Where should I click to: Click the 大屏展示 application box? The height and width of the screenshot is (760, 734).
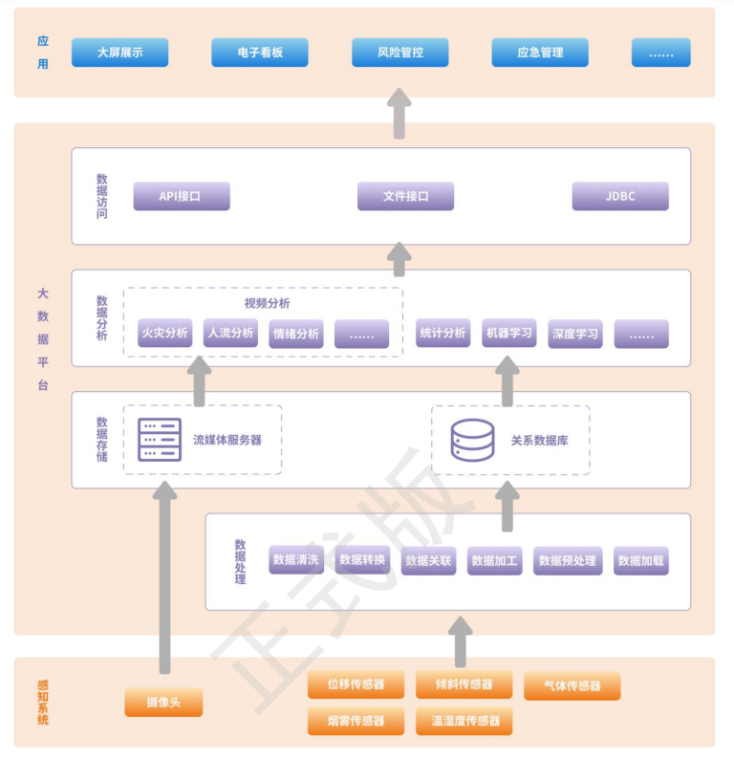coord(119,53)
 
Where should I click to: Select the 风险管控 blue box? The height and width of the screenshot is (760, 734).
coord(399,53)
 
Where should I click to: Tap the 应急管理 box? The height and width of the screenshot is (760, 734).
coord(540,53)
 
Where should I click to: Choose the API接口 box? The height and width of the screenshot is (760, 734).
coord(181,196)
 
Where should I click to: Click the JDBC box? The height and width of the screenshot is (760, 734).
coord(620,196)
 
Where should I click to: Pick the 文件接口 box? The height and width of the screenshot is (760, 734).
coord(405,196)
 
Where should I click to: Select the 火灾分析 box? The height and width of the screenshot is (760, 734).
coord(164,333)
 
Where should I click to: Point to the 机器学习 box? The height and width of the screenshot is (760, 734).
coord(509,333)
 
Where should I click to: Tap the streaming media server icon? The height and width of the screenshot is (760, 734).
coord(160,440)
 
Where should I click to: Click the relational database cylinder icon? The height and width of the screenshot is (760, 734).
coord(473,440)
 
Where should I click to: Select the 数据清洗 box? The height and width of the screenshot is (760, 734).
coord(295,560)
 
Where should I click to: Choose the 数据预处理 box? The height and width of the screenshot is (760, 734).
coord(568,560)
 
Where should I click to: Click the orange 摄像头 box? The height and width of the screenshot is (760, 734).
coord(163,703)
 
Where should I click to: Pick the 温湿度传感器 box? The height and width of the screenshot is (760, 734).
coord(464,721)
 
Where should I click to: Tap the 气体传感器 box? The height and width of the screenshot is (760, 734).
coord(572,685)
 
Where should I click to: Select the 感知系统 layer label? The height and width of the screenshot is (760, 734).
coord(42,702)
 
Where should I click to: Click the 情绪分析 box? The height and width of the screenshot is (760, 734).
coord(295,334)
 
